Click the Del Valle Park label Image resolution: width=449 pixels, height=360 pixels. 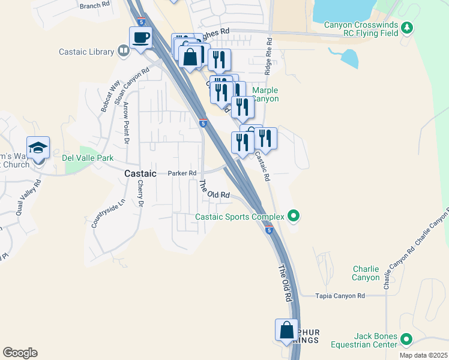click(88, 158)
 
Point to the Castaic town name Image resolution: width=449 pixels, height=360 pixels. click(140, 173)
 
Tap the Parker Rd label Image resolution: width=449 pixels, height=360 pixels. click(182, 173)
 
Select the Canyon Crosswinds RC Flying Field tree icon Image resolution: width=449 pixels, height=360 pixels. click(408, 27)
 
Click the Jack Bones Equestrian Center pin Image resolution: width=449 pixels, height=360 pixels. click(406, 340)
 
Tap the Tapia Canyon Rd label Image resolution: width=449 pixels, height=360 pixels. click(341, 296)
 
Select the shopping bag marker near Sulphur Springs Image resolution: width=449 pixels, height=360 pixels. click(286, 331)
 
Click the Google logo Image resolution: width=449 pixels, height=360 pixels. click(20, 353)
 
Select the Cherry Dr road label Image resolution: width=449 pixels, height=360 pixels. click(140, 194)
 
